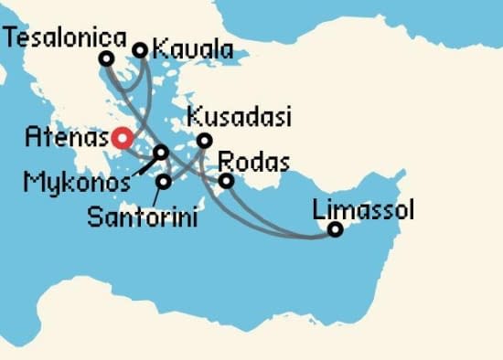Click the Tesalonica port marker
(x=107, y=58)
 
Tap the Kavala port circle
(x=141, y=50)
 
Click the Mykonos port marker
(x=161, y=153)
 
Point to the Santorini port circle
(x=164, y=182)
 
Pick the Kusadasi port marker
(x=205, y=141)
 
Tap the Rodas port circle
(x=227, y=181)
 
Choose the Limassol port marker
(x=336, y=229)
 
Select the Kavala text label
(x=191, y=49)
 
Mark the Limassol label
(x=363, y=209)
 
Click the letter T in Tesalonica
(x=11, y=37)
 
